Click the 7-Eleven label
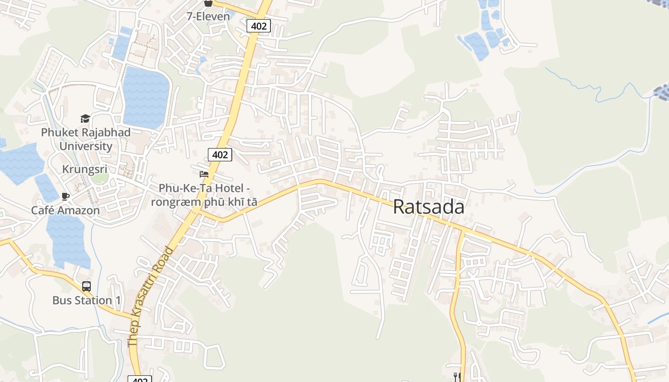tap(208, 16)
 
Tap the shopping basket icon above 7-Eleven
tap(208, 3)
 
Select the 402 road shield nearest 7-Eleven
tap(259, 26)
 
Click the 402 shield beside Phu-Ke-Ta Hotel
tap(220, 154)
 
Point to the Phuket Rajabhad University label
tap(86, 139)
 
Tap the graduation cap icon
tap(85, 119)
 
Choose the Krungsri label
tap(85, 170)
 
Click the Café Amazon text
tap(65, 210)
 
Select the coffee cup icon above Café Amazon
tap(65, 196)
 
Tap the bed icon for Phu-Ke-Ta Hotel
tap(204, 174)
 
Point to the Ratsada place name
tap(428, 207)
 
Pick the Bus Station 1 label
tap(86, 300)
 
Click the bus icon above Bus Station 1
tap(86, 286)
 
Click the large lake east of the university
tap(146, 98)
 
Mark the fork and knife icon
tap(457, 377)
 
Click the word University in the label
tap(86, 146)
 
